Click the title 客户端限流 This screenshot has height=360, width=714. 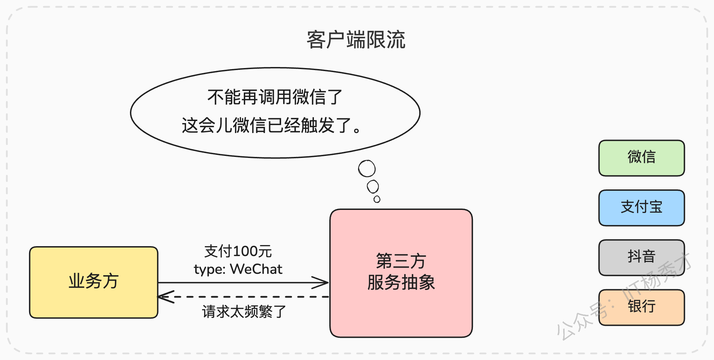[x=356, y=40]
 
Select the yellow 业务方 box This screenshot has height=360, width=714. [x=94, y=282]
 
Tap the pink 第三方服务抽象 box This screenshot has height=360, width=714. [x=401, y=273]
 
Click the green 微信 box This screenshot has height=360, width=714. [x=642, y=158]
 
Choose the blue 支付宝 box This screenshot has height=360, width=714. [x=642, y=208]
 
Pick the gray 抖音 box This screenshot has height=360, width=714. [x=642, y=257]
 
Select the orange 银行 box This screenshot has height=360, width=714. [x=642, y=307]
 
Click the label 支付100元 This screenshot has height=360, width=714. [x=238, y=251]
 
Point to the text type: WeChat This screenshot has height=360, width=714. [x=238, y=269]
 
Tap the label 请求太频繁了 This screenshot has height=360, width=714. [x=244, y=312]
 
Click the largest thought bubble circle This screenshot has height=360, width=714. [x=367, y=169]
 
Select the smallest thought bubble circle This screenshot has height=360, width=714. [x=377, y=199]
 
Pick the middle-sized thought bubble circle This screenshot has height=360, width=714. [x=373, y=187]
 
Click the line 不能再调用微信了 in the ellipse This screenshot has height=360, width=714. [x=275, y=97]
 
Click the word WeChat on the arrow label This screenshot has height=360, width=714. [x=256, y=269]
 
